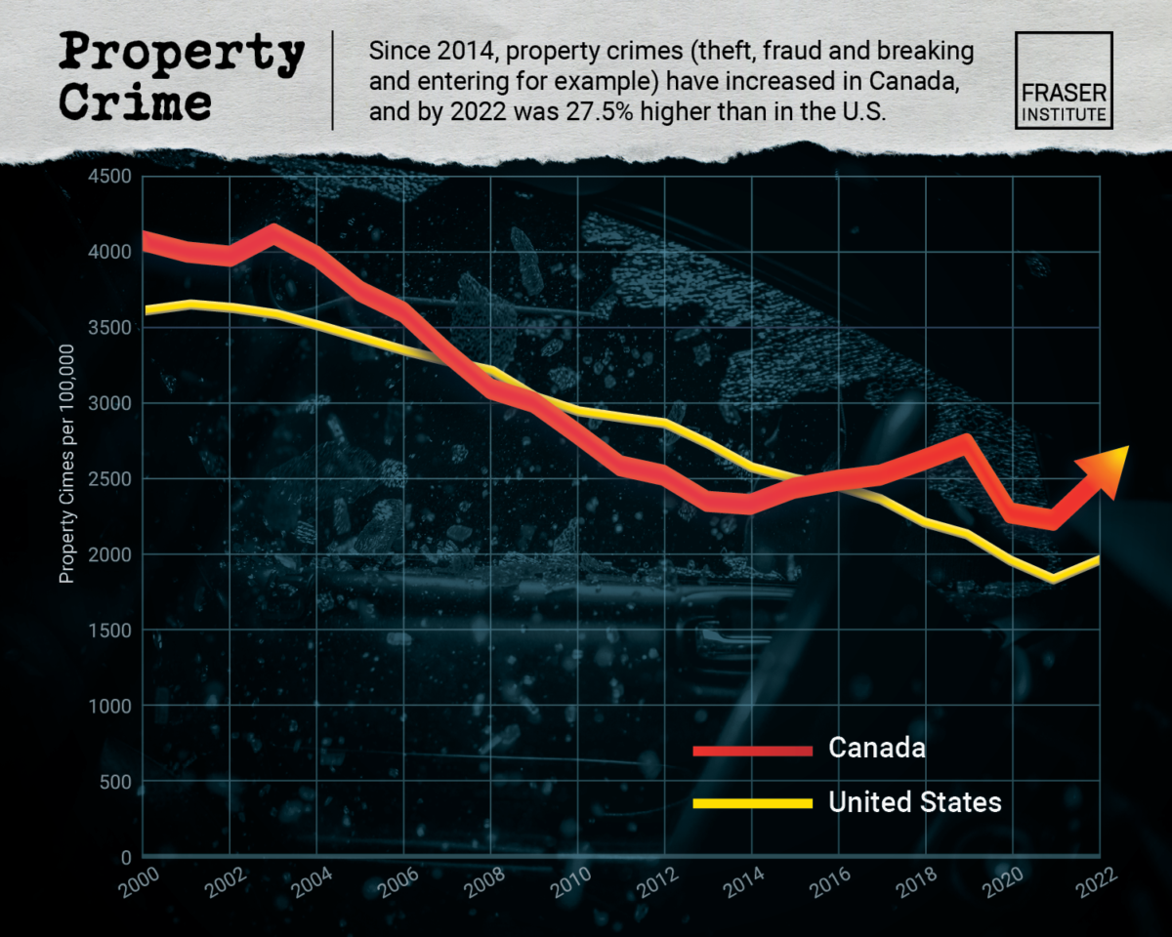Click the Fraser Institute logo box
pos(1064,80)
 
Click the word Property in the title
pos(182,54)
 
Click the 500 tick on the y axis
pos(119,782)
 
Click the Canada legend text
pos(876,749)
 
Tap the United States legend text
pos(915,802)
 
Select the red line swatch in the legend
pos(752,750)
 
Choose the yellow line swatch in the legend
pos(752,803)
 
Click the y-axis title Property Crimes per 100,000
pos(67,464)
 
